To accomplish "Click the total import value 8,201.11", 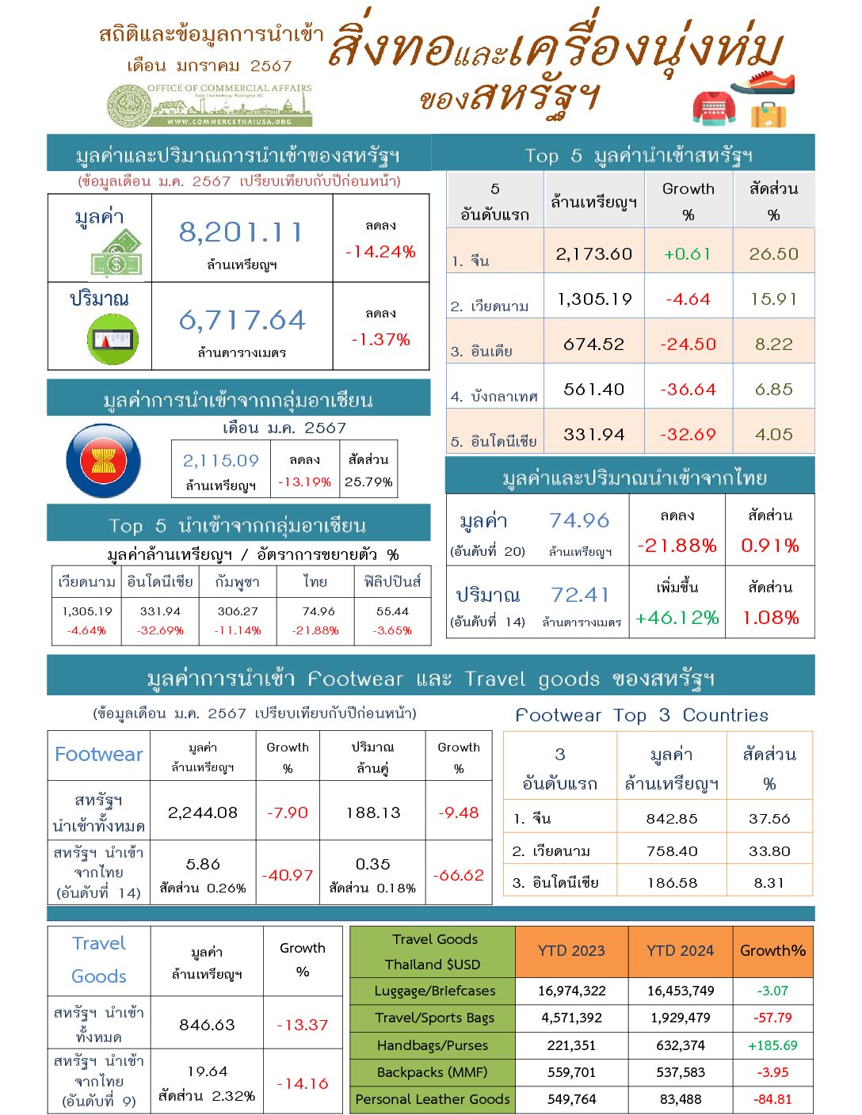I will click(241, 232).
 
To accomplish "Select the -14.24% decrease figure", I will click(380, 252).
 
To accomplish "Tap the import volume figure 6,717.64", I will click(242, 320).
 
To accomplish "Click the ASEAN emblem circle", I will click(104, 461).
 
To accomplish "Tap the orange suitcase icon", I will click(768, 116).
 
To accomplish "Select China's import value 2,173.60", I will click(594, 254).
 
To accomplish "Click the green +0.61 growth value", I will click(687, 254).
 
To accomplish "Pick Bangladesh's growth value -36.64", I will click(688, 390).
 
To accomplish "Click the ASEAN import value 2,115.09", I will click(221, 460).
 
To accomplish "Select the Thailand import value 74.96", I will click(579, 520).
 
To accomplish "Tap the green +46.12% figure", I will click(677, 618).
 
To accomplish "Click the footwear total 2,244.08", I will click(203, 812).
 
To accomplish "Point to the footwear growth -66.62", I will click(459, 875).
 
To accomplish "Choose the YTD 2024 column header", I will click(680, 950).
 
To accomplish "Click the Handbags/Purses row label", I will click(433, 1045).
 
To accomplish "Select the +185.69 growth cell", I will click(772, 1045).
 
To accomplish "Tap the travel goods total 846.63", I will click(207, 1025).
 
